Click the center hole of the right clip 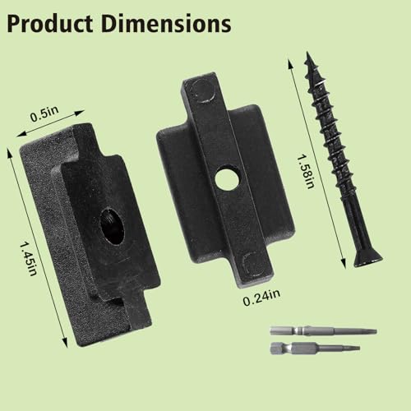click(x=223, y=179)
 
